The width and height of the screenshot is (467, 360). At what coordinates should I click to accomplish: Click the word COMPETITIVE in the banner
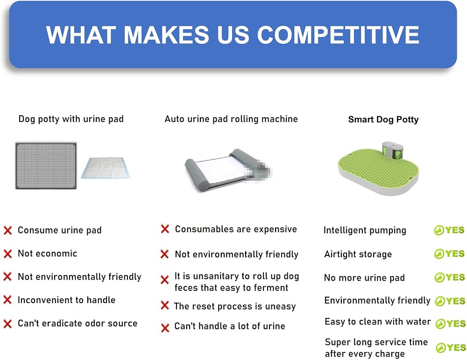[338, 35]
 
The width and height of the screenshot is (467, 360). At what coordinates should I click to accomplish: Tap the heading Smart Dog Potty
[383, 120]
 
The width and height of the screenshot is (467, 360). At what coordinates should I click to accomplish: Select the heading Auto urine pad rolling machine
[231, 119]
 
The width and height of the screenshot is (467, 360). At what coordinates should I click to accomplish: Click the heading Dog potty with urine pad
[71, 119]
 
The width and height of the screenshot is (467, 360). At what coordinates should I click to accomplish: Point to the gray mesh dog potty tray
[46, 166]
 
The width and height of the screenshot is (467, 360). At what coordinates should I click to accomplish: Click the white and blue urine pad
[106, 168]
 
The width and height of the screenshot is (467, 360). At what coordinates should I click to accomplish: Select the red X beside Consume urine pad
[8, 230]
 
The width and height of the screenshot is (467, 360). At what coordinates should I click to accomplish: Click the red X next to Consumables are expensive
[165, 229]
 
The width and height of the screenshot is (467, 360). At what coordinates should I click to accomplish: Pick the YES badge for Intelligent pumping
[449, 230]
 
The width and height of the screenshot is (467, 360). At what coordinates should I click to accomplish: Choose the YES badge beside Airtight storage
[449, 254]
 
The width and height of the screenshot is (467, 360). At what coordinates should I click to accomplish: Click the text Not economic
[47, 254]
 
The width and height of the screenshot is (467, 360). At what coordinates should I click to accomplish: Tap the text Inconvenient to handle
[66, 300]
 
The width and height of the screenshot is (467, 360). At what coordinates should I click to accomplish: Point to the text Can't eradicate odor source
[78, 323]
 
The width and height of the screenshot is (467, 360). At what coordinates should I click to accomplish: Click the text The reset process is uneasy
[235, 306]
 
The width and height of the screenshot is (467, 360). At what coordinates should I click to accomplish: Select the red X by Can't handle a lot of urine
[165, 328]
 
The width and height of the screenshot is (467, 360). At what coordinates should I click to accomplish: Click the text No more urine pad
[364, 277]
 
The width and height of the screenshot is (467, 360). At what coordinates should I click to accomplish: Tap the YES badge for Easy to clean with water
[450, 324]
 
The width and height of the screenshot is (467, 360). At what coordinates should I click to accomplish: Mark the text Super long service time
[376, 342]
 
